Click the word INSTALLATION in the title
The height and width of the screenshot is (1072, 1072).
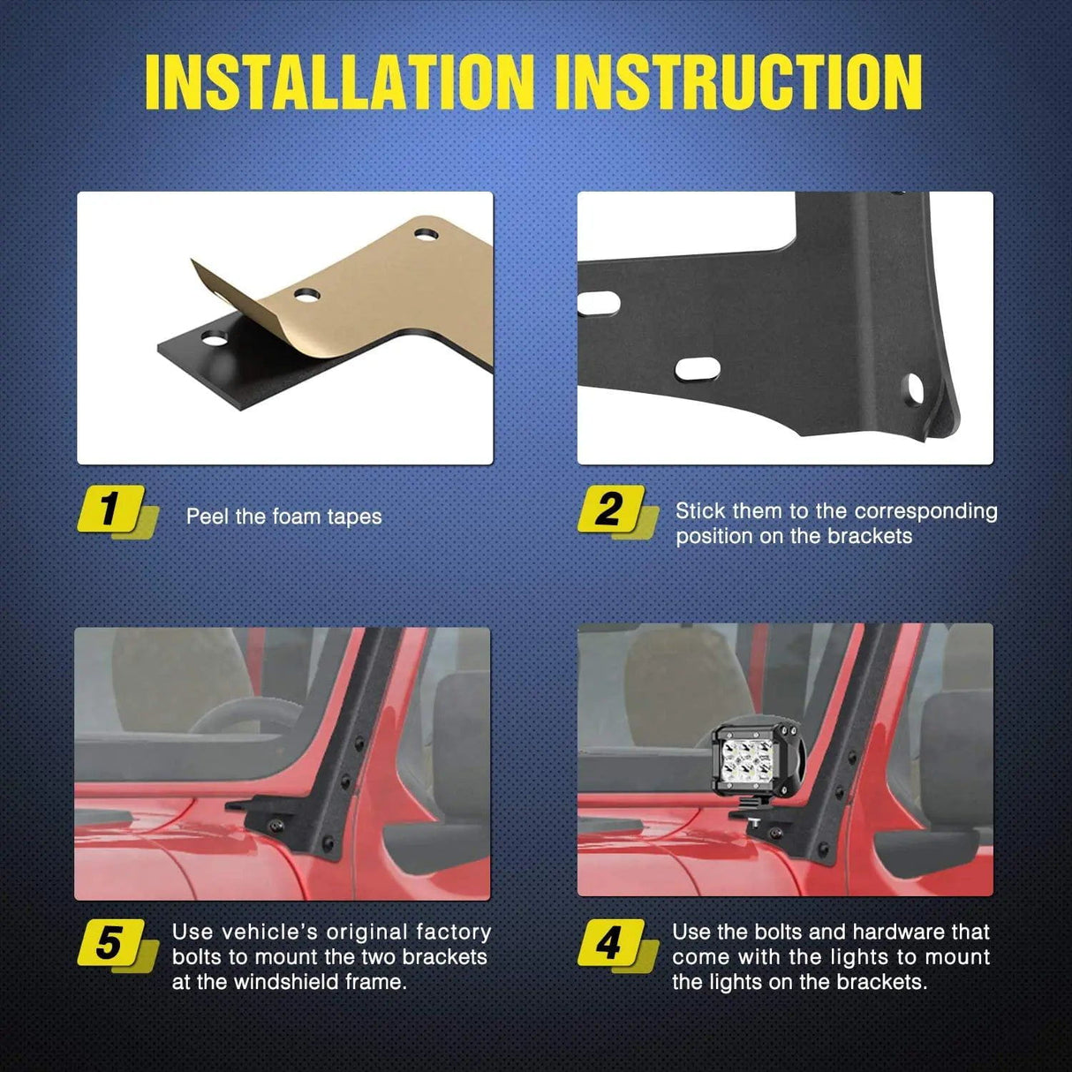tap(339, 81)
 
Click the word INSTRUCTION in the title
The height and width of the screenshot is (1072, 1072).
tap(744, 81)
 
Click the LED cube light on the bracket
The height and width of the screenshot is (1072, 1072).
tap(758, 761)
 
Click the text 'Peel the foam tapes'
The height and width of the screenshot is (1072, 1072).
tap(283, 517)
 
